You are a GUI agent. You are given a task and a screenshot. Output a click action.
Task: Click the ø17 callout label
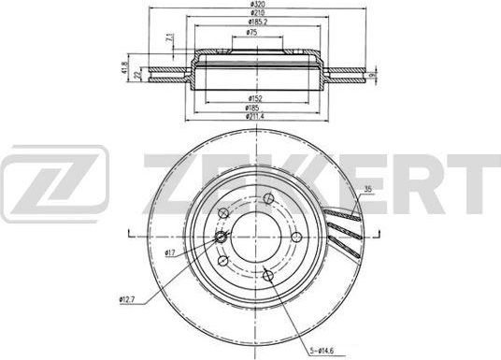click(171, 253)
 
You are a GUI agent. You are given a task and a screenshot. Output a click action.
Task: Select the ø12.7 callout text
click(129, 299)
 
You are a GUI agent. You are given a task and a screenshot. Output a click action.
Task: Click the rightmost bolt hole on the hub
click(294, 238)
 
